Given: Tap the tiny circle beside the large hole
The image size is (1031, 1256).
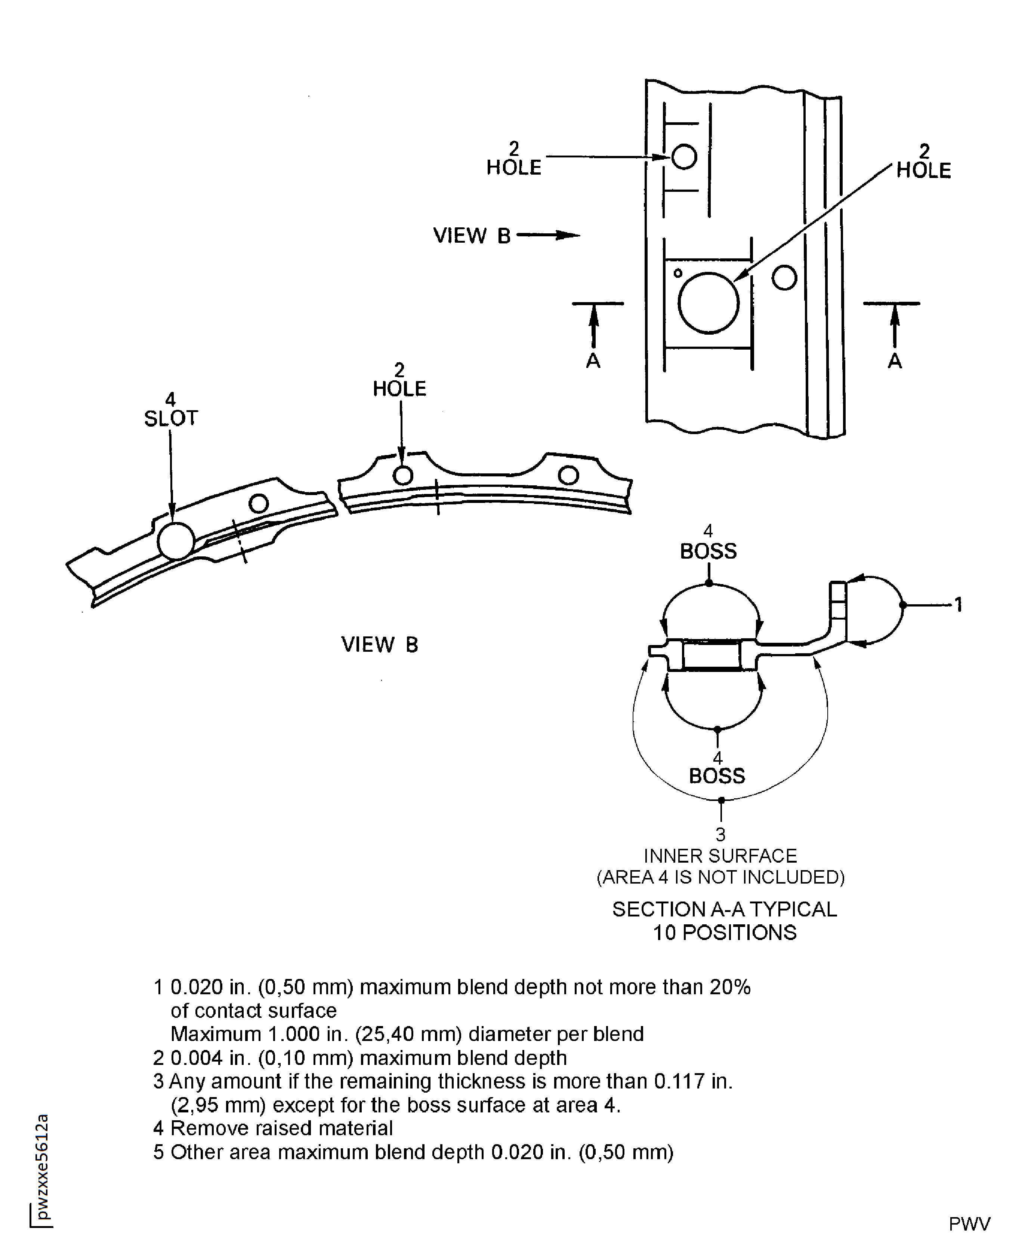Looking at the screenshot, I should [677, 273].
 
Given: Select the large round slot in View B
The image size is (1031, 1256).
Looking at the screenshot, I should [176, 541].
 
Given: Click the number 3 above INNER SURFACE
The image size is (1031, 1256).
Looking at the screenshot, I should [720, 835].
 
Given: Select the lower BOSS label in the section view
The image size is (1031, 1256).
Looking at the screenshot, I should [717, 776].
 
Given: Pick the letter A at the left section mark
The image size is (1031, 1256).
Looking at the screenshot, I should [593, 360].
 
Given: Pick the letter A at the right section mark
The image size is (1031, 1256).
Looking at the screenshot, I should [894, 360].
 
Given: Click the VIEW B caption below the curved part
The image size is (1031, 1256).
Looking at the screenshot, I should [380, 645].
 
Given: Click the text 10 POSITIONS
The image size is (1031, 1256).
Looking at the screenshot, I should [725, 933].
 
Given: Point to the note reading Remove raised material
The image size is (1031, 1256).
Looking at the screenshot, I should [281, 1128].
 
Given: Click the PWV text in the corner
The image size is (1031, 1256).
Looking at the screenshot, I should [969, 1224].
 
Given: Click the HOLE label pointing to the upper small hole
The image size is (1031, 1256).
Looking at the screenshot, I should [514, 168].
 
